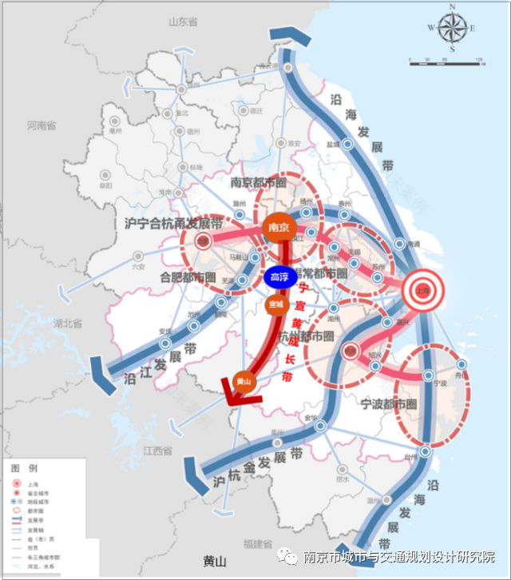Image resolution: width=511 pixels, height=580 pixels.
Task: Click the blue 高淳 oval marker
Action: (x=279, y=277)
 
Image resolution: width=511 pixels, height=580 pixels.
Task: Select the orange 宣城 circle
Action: (x=275, y=305)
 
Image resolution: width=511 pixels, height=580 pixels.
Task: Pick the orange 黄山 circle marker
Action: (x=245, y=383)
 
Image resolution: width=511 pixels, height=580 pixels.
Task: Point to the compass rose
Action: (x=452, y=28)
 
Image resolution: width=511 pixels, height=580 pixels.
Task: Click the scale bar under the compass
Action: (x=445, y=61)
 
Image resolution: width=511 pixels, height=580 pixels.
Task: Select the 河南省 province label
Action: (x=41, y=126)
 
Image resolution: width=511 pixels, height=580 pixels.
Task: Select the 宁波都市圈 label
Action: (x=389, y=403)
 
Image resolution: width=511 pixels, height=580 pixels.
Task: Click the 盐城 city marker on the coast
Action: (x=348, y=145)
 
